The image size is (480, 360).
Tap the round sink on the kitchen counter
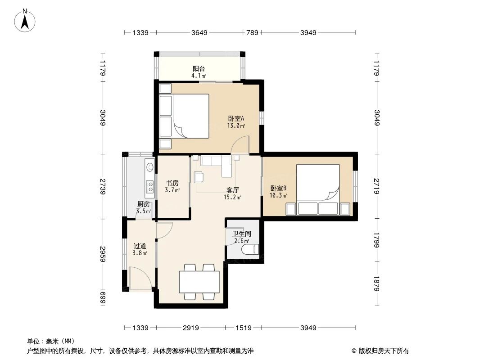[149, 167]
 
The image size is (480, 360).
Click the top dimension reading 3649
[199, 32]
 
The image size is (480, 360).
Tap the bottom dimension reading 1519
[243, 328]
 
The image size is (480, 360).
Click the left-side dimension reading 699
[103, 297]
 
